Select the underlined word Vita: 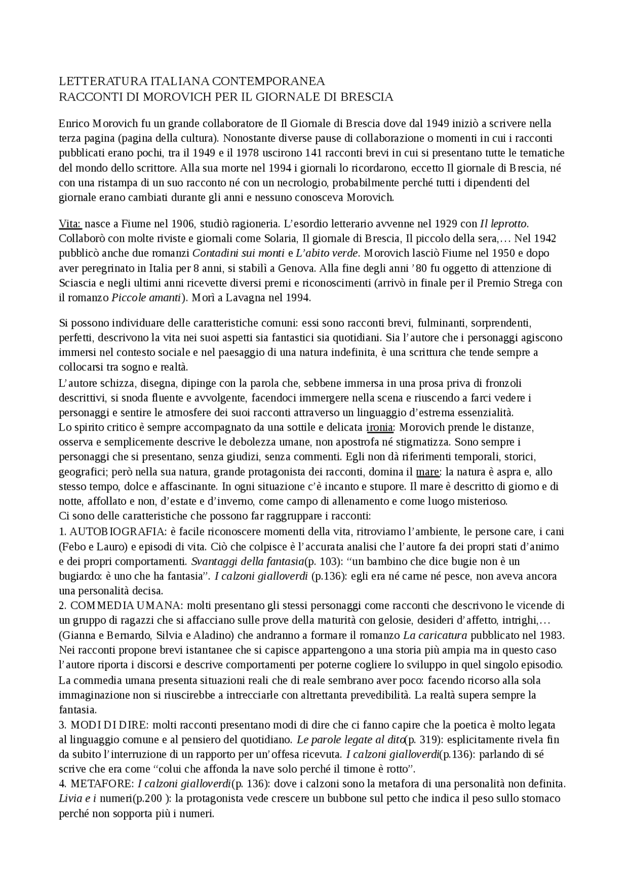(x=70, y=224)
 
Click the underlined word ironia (x=380, y=427)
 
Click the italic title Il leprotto (x=503, y=224)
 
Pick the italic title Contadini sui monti (x=238, y=254)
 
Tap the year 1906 (x=183, y=224)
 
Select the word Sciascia (x=78, y=283)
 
